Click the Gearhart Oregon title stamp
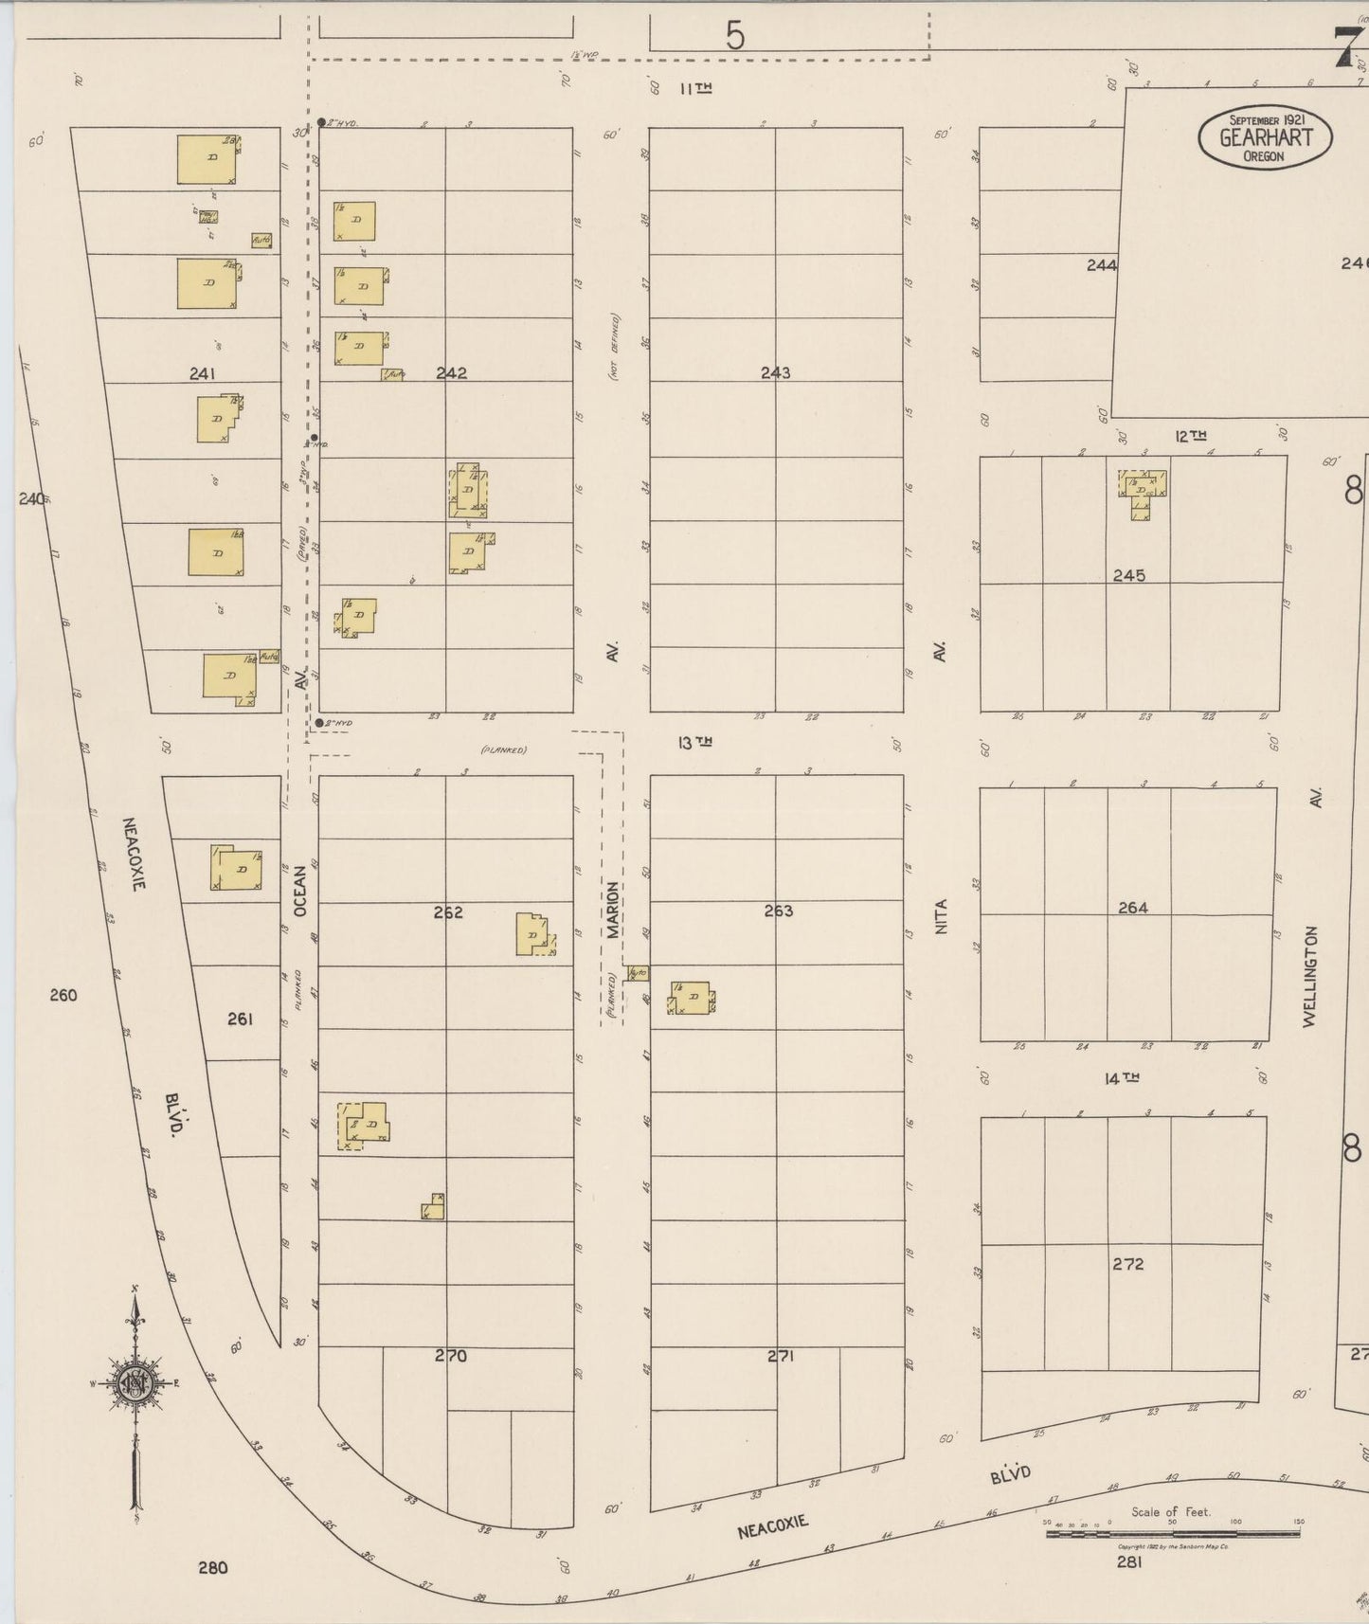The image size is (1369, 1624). click(x=1265, y=137)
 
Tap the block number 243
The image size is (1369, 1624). click(x=775, y=372)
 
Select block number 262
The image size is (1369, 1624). click(x=448, y=912)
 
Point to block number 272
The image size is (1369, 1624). click(x=1128, y=1264)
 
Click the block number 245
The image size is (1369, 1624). click(x=1129, y=575)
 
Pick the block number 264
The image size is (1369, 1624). click(x=1132, y=908)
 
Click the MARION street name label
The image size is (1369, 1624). click(x=613, y=910)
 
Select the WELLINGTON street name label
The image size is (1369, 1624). click(x=1310, y=976)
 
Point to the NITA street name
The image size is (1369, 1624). click(x=941, y=916)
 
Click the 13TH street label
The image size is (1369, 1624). click(x=694, y=743)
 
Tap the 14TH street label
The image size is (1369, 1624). click(x=1121, y=1077)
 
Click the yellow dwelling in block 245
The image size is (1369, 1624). click(x=1142, y=490)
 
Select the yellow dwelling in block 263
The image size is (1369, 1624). click(x=694, y=998)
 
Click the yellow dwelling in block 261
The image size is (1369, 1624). click(x=238, y=868)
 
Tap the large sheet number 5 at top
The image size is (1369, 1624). click(x=735, y=36)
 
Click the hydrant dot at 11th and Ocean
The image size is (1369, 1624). click(x=321, y=122)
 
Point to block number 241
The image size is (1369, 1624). click(x=202, y=374)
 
